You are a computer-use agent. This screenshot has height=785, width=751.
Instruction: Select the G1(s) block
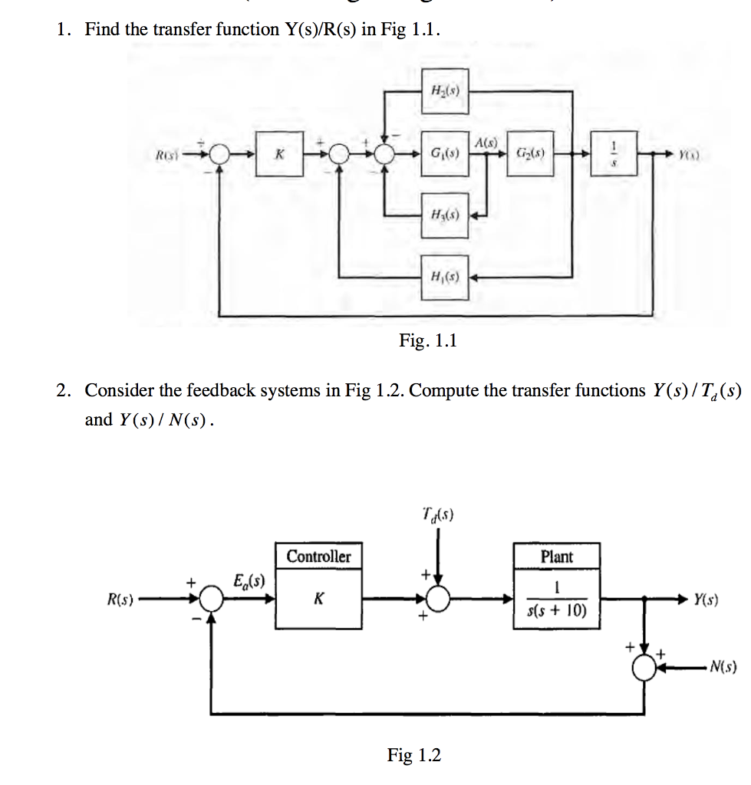tap(445, 154)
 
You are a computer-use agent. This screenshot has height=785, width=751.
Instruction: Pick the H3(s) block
tap(445, 214)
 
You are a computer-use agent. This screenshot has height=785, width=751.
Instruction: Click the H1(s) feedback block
tap(445, 277)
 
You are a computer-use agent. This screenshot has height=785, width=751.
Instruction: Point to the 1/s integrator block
tap(613, 154)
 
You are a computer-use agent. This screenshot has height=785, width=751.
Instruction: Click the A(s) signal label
tap(486, 143)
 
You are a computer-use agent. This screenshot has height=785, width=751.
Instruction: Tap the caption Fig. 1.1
tap(427, 340)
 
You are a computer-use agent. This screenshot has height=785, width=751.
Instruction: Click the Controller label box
tap(318, 557)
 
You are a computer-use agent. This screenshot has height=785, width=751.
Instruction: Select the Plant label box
tap(556, 557)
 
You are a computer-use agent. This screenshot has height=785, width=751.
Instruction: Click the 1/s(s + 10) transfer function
tap(556, 600)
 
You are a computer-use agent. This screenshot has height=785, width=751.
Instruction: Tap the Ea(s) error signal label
tap(249, 580)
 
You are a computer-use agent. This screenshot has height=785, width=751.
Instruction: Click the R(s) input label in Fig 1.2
tap(120, 599)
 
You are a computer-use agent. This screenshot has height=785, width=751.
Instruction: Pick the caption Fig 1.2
tap(414, 755)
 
